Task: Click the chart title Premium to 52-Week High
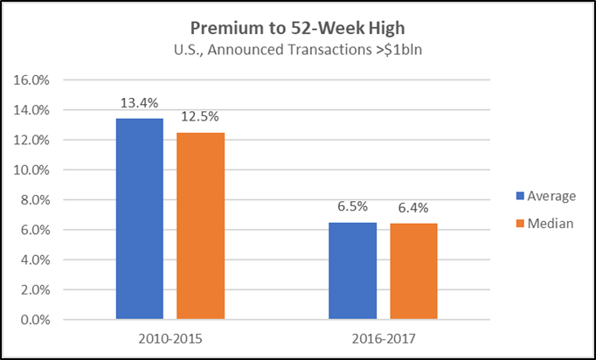(297, 25)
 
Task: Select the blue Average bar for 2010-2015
(140, 218)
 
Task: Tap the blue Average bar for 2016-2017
(351, 271)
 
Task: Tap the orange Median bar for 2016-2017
(412, 272)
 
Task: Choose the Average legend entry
(544, 197)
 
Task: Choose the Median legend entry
(544, 224)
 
